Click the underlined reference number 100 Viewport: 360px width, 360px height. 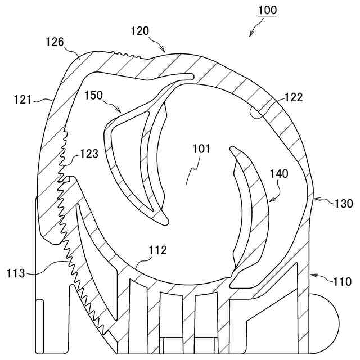tap(267, 10)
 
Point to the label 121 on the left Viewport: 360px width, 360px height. tap(23, 99)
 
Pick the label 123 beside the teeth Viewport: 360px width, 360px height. tap(89, 152)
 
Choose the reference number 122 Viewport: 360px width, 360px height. tap(294, 97)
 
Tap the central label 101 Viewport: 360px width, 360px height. tap(201, 149)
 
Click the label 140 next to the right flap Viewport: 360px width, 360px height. tap(278, 174)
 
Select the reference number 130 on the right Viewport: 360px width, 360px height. tap(343, 202)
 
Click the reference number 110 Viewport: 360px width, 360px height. tap(342, 281)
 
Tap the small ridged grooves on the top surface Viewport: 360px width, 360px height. tap(126, 55)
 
